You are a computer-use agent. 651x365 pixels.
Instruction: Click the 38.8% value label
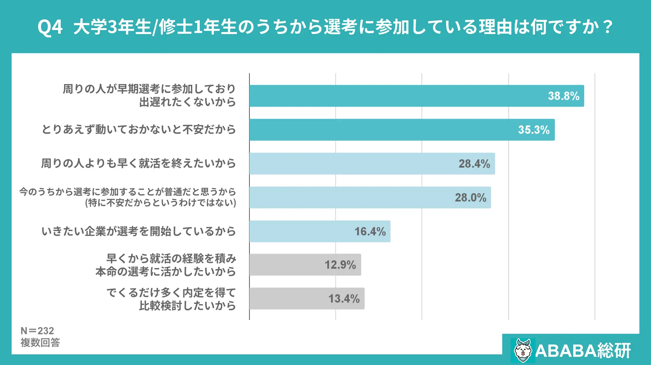pos(564,96)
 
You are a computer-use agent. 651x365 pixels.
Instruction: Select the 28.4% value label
pos(474,164)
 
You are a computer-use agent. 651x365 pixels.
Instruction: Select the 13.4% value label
pos(344,299)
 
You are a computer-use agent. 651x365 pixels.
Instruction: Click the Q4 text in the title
pos(50,27)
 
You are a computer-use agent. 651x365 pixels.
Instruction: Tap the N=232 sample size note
pos(37,331)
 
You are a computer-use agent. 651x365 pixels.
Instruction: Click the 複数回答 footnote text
pos(40,342)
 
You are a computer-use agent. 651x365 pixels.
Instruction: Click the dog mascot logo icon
pos(523,350)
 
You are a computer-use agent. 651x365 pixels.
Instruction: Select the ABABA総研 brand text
pos(583,351)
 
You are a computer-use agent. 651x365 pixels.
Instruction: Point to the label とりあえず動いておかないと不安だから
pos(139,129)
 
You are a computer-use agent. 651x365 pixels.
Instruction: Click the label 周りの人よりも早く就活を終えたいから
pos(139,163)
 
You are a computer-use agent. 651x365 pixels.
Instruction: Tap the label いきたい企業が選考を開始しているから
pos(139,231)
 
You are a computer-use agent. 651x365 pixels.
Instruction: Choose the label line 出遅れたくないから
pos(187,102)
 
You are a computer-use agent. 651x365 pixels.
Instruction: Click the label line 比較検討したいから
pos(187,305)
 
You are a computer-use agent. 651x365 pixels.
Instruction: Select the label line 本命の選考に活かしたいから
pos(166,272)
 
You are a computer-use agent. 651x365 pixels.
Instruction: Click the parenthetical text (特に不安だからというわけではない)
pos(161,203)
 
